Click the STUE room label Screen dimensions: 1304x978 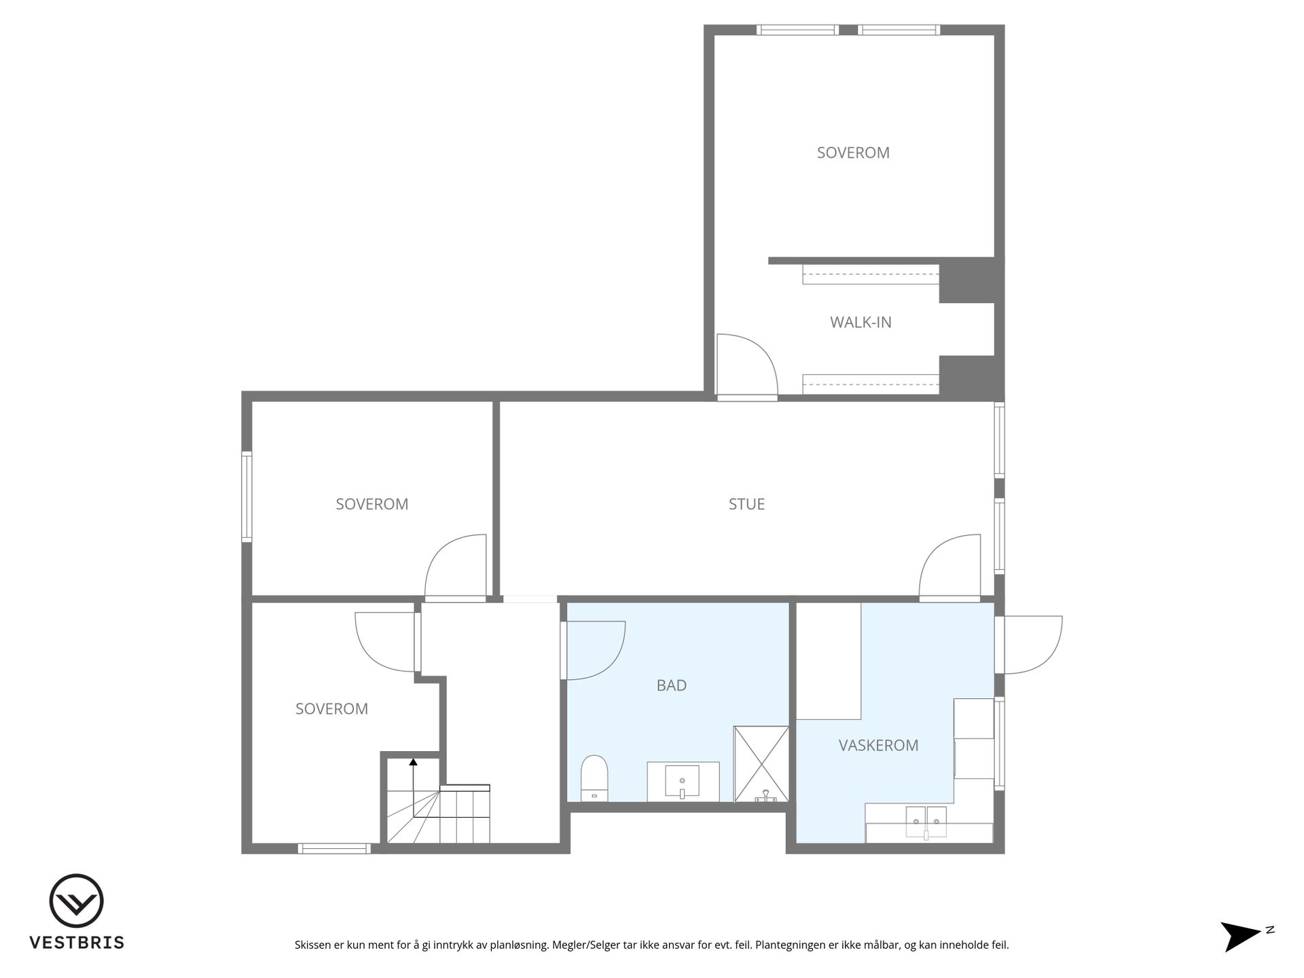pyautogui.click(x=746, y=504)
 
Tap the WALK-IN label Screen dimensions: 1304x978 pyautogui.click(x=861, y=322)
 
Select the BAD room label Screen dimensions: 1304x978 pyautogui.click(x=671, y=685)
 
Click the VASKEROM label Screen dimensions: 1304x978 pyautogui.click(x=878, y=745)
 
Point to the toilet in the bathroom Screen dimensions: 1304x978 pyautogui.click(x=594, y=778)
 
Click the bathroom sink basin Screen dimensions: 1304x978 pyautogui.click(x=682, y=781)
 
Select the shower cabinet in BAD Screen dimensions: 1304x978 pyautogui.click(x=761, y=764)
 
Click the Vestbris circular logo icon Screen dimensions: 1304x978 pyautogui.click(x=76, y=901)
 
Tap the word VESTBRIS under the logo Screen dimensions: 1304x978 pyautogui.click(x=77, y=943)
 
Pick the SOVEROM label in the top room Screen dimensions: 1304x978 pyautogui.click(x=853, y=153)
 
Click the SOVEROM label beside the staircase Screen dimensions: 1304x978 pyautogui.click(x=331, y=709)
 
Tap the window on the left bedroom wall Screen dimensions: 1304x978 pyautogui.click(x=247, y=496)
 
